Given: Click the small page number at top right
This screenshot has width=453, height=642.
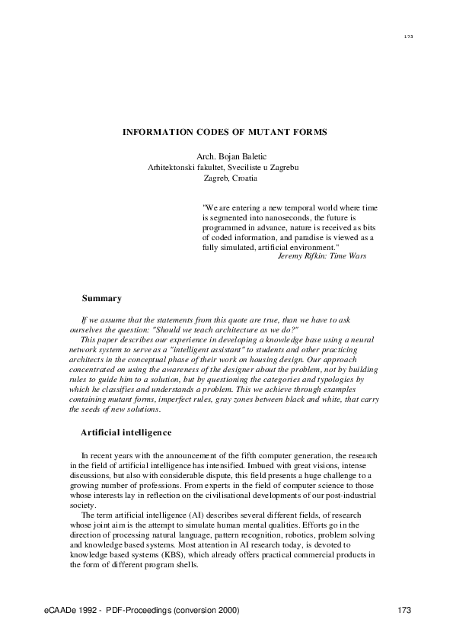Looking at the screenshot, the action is [x=408, y=37].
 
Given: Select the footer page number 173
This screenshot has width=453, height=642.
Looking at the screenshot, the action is [x=404, y=611].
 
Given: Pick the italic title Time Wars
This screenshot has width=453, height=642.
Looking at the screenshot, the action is [x=349, y=257].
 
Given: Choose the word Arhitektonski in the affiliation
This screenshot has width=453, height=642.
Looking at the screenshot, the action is [x=173, y=167].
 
